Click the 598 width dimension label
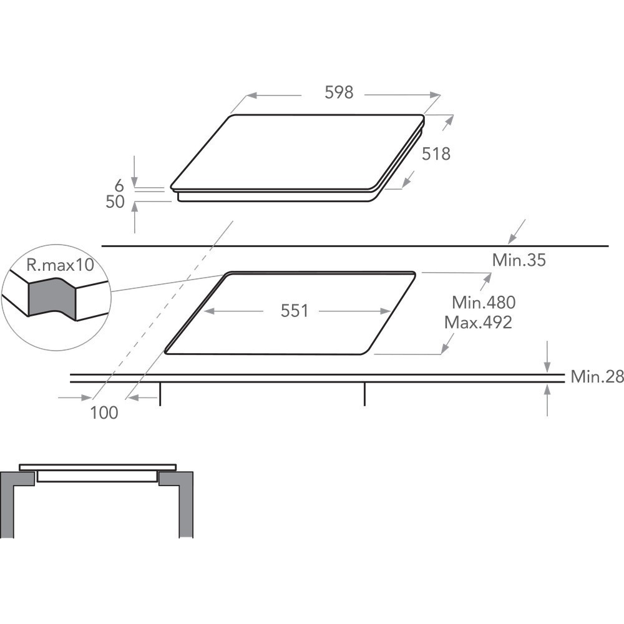[x=339, y=92]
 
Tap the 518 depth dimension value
[x=436, y=154]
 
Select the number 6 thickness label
[x=119, y=186]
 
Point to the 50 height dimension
[x=115, y=202]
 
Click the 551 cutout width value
[x=295, y=311]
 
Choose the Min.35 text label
[x=519, y=260]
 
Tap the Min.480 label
[x=484, y=303]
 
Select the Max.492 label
[x=478, y=323]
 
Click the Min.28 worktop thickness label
[x=597, y=376]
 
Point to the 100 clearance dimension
[x=104, y=412]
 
